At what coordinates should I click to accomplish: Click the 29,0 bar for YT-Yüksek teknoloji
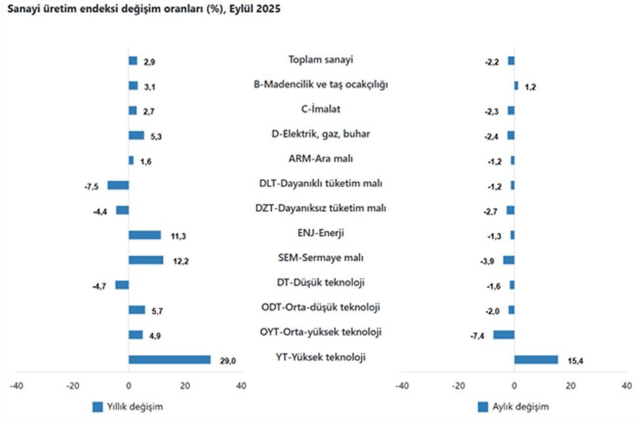[169, 359]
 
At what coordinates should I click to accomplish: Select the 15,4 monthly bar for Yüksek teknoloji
[536, 359]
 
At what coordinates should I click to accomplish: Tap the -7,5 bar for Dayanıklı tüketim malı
[118, 185]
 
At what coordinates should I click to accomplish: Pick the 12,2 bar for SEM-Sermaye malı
[146, 259]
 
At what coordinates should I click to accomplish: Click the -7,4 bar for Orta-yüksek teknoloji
[504, 334]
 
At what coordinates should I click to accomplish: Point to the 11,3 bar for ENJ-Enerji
[144, 234]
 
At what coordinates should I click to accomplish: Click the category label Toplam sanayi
[321, 60]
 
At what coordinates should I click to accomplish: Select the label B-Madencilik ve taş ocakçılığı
[321, 85]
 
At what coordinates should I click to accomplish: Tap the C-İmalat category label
[321, 109]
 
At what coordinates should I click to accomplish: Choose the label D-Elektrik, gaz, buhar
[321, 134]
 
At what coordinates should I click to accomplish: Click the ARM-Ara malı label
[321, 159]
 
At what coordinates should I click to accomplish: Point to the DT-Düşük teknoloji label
[321, 283]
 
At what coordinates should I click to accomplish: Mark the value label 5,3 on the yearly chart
[154, 136]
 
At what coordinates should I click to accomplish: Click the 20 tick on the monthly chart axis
[570, 386]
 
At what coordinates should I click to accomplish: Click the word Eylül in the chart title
[240, 11]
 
